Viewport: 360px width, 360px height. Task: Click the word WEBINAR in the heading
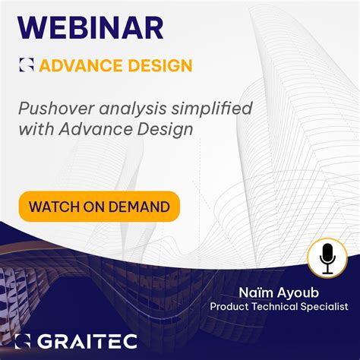click(x=90, y=27)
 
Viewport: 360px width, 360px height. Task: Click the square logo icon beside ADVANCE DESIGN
click(x=27, y=65)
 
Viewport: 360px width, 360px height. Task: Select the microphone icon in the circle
click(x=327, y=257)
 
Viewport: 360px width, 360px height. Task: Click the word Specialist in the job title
click(x=327, y=307)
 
